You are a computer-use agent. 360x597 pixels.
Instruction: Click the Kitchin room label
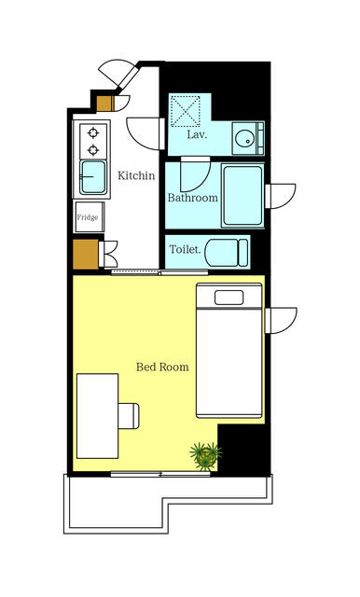pos(136,175)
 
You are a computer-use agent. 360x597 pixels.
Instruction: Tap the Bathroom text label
pos(193,198)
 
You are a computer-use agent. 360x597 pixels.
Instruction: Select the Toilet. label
pos(185,250)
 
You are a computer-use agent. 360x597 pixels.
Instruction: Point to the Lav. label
pos(197,134)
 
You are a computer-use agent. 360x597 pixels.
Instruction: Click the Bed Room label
pos(162,367)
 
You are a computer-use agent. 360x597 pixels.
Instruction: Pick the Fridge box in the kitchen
pos(90,217)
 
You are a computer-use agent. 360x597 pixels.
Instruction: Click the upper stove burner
pos(93,132)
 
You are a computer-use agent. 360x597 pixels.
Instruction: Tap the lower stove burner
pos(93,150)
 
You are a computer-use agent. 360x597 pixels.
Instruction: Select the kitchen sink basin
pos(93,177)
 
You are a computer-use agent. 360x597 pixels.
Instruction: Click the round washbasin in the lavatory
pos(242,139)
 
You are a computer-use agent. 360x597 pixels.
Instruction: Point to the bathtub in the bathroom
pos(242,196)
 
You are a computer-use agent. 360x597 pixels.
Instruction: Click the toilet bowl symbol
pos(227,252)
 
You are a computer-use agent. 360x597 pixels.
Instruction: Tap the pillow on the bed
pos(229,298)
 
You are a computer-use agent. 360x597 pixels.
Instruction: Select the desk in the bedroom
pos(97,416)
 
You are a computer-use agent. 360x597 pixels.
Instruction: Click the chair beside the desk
pos(129,416)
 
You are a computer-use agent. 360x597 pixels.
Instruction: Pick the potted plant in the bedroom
pos(206,455)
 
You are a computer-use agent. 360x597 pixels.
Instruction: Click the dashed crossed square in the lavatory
pos(186,111)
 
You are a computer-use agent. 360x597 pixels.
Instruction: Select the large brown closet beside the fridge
pos(86,254)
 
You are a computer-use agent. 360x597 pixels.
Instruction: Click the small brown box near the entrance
pos(104,104)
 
